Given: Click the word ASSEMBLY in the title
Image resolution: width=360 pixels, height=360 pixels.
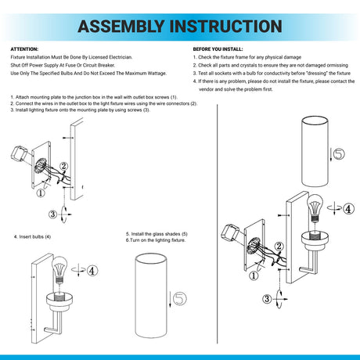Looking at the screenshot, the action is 121,27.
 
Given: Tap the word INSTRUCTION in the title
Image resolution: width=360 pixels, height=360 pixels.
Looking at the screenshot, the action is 226,27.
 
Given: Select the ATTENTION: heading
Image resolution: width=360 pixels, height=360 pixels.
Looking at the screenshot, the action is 24,49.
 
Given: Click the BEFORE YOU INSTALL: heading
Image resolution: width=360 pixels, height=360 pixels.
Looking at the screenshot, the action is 218,49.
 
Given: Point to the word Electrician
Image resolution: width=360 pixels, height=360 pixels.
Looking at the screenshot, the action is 121,57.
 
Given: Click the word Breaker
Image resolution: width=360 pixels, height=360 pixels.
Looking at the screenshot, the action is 106,65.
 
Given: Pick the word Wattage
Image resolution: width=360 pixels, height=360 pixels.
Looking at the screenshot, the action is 157,74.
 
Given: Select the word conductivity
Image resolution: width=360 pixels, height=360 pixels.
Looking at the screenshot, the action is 275,74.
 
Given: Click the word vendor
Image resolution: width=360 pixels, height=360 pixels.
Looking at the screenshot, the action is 206,89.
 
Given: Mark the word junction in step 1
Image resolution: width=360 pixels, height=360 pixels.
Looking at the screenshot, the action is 83,97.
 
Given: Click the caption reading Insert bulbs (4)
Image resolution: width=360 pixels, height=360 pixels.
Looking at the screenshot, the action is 32,237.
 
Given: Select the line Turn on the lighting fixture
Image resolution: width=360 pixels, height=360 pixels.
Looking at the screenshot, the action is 157,240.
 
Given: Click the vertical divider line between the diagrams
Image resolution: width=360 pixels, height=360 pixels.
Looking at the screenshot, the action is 218,225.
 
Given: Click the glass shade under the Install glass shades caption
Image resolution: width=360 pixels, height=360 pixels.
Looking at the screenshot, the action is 151,296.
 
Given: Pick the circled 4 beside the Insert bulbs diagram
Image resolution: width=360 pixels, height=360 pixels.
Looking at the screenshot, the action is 92,271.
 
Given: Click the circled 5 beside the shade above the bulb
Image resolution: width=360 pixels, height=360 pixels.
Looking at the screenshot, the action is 339,153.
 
